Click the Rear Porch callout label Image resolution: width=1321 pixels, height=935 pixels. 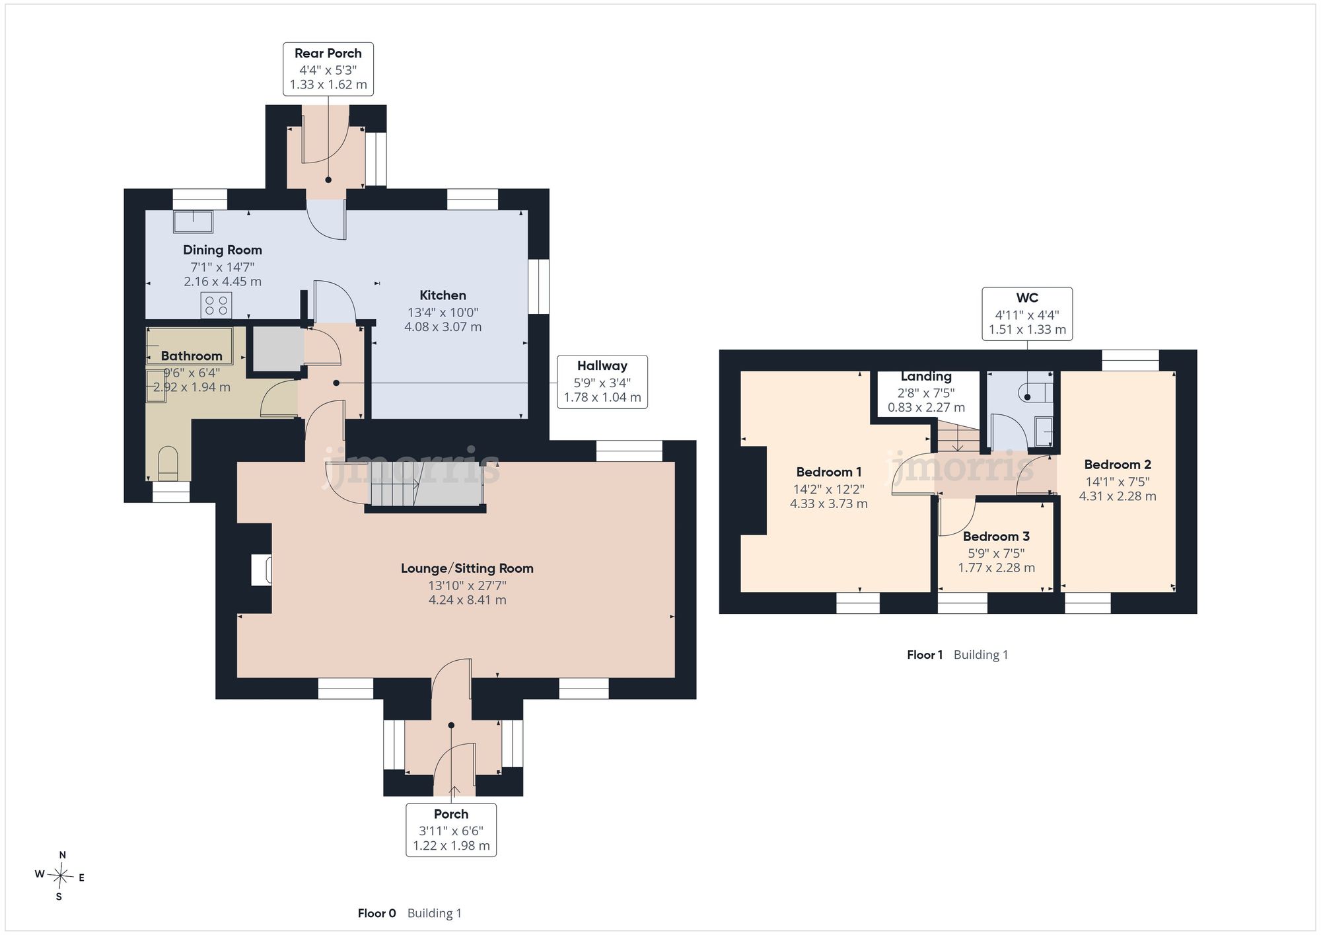(328, 69)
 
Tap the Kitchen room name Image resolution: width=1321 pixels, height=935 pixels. (443, 295)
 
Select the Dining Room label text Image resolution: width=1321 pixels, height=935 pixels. (223, 250)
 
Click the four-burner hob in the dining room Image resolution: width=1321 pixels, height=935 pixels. (217, 305)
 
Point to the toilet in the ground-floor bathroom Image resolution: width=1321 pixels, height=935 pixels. (168, 463)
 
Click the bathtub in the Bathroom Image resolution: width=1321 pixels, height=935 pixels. (190, 345)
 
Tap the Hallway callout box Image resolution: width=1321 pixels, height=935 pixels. (602, 381)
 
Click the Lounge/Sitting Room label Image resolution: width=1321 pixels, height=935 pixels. (467, 568)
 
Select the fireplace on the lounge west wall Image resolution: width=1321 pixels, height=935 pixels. (262, 570)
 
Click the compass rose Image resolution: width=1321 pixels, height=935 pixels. (60, 876)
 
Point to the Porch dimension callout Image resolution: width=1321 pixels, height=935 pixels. (451, 830)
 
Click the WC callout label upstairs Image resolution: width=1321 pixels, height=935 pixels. (1027, 314)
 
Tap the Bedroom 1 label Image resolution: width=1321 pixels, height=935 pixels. (829, 472)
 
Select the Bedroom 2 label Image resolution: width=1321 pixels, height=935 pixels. (1118, 465)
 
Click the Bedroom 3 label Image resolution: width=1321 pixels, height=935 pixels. (996, 537)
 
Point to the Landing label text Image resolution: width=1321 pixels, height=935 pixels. (926, 377)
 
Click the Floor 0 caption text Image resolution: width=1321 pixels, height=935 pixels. (376, 913)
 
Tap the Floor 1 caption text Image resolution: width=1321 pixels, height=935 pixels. (925, 655)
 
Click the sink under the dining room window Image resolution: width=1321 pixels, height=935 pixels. (194, 221)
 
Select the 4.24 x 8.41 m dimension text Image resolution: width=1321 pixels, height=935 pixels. (468, 600)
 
